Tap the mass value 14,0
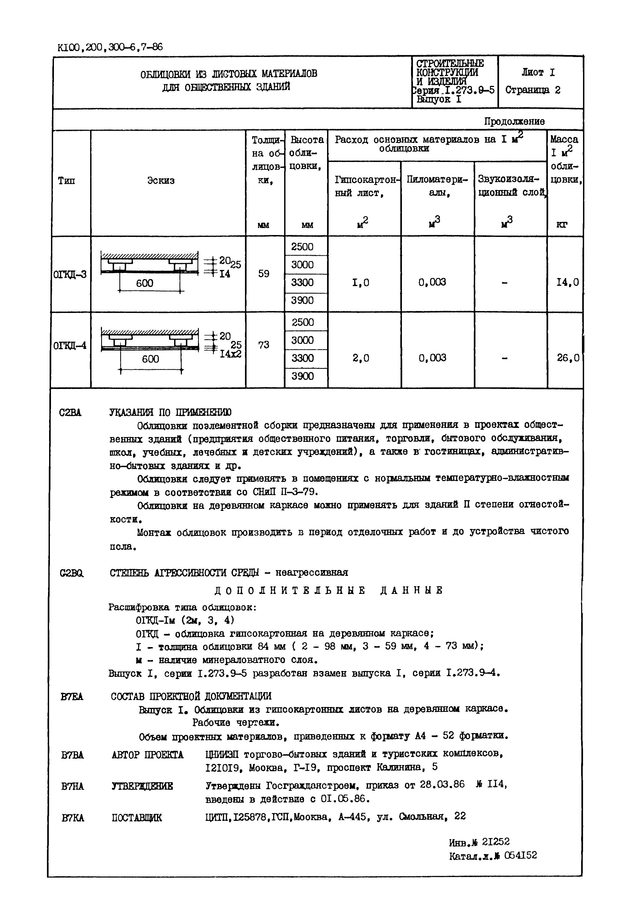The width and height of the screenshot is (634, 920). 567,283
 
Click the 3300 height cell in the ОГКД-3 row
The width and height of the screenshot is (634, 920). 302,283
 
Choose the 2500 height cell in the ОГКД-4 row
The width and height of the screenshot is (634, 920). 303,322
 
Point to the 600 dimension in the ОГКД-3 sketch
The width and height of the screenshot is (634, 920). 145,283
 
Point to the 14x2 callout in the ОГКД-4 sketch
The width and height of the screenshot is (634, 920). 230,353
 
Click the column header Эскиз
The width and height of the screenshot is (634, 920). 161,181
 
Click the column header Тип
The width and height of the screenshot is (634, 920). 67,181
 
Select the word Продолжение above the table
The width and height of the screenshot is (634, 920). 514,121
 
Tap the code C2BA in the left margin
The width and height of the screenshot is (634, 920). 70,413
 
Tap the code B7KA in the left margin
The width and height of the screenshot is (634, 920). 73,818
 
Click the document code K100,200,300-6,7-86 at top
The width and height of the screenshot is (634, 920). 110,48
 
